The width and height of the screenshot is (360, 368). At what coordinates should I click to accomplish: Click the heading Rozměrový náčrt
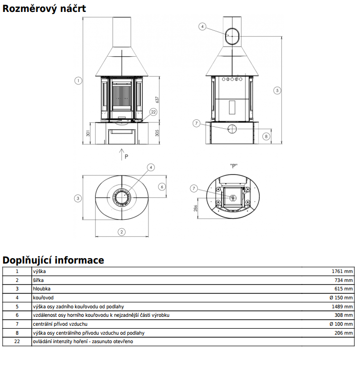pos(44,8)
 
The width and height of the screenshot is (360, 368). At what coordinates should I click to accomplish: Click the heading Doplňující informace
pos(53,260)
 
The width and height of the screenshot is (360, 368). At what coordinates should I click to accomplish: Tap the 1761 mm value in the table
pos(342,272)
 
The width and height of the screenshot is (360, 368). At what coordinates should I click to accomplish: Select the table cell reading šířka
pos(38,280)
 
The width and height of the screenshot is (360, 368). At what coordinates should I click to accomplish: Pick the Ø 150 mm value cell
pos(341,298)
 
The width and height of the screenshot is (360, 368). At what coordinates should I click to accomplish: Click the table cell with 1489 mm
pos(342,306)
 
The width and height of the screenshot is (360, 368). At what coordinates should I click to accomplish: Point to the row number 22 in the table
pos(17,342)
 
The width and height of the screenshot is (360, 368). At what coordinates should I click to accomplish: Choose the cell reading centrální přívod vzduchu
pos(60,324)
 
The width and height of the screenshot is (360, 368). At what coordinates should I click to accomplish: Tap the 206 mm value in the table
pos(344,333)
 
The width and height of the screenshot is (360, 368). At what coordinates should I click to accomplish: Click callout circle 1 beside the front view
pos(78,81)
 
